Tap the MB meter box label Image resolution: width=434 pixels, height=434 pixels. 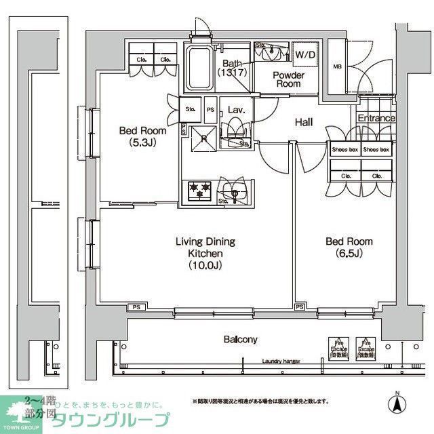click(x=337, y=66)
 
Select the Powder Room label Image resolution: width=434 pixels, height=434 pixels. click(x=287, y=79)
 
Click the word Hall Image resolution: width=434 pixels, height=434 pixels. click(x=303, y=122)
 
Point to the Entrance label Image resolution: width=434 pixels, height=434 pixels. click(x=376, y=118)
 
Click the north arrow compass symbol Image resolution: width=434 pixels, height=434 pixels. click(x=397, y=403)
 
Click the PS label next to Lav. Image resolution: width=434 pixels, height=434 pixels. click(x=210, y=109)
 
